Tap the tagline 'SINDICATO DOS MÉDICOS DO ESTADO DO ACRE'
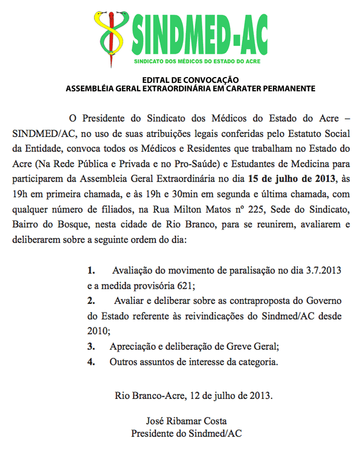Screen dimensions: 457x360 (x=197, y=61)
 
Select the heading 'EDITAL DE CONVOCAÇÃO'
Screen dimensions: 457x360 (x=191, y=80)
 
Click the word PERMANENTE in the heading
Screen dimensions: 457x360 (x=285, y=88)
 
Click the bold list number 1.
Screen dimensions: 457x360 (x=91, y=271)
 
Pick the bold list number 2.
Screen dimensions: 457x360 (x=91, y=301)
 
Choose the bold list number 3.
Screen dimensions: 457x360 (x=91, y=347)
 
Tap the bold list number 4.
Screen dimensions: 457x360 (x=91, y=362)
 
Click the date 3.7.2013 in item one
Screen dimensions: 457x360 (x=323, y=271)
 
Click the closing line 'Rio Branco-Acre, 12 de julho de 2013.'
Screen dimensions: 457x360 (x=194, y=395)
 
